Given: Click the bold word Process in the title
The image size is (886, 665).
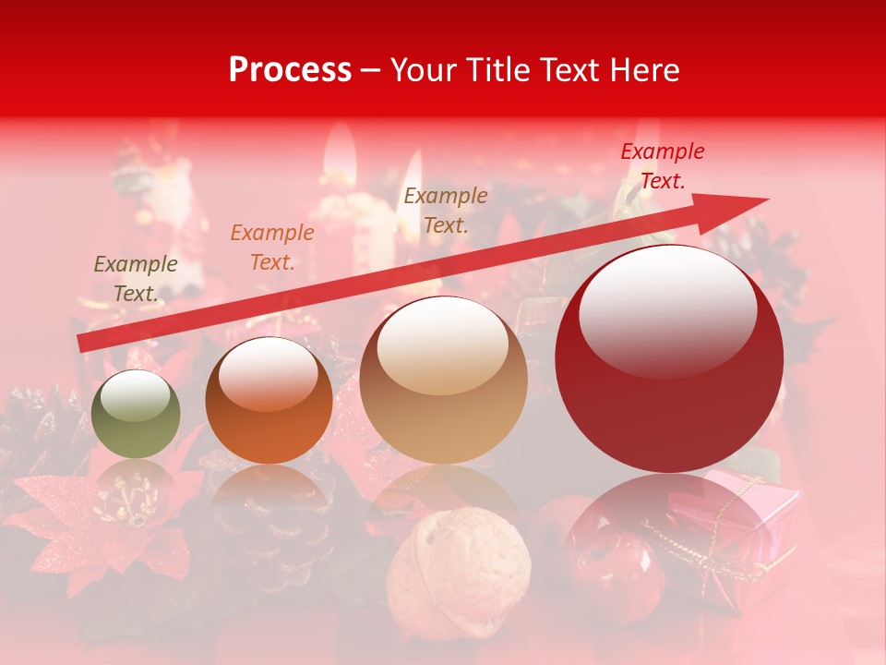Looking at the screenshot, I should (x=290, y=70).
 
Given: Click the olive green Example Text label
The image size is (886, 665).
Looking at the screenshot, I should (x=136, y=278).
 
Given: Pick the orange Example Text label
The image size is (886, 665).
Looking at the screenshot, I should (x=272, y=248).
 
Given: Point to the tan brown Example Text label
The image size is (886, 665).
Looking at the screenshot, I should (x=446, y=210).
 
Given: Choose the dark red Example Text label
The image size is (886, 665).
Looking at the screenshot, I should (x=663, y=166).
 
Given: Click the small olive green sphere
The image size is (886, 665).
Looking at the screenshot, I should (x=136, y=415).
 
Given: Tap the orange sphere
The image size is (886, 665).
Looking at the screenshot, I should (x=269, y=401).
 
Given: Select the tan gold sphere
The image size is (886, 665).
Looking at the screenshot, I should (x=443, y=380).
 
